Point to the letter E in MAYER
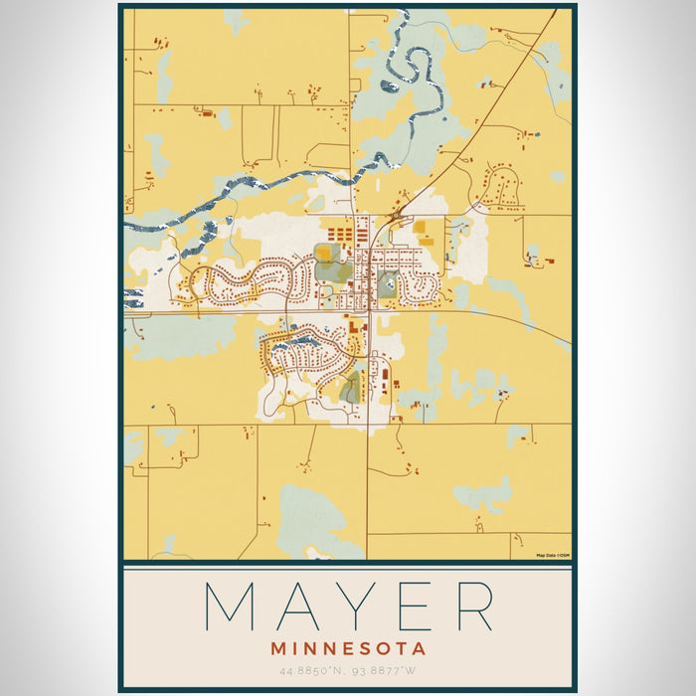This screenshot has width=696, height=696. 408,606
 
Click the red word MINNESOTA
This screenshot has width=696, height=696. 348,648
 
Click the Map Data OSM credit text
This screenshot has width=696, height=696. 553,556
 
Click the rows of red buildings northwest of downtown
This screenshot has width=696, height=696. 341,236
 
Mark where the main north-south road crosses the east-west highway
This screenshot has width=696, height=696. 368,312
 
